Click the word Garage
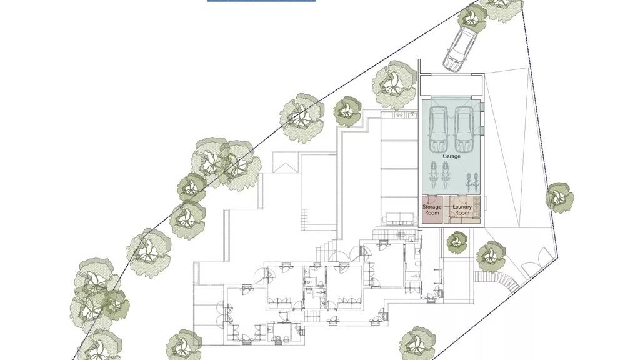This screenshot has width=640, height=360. pyautogui.click(x=451, y=156)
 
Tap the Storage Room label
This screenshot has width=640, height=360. pyautogui.click(x=432, y=210)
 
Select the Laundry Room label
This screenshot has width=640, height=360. pyautogui.click(x=462, y=210)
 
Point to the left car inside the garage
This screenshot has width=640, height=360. pyautogui.click(x=438, y=129)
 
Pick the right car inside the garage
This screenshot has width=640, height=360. pyautogui.click(x=464, y=129)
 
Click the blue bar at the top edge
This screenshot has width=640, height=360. pyautogui.click(x=262, y=1)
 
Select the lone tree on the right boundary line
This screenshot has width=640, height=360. pyautogui.click(x=560, y=197)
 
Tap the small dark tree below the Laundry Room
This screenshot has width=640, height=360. pyautogui.click(x=457, y=243)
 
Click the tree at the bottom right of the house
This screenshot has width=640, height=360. pyautogui.click(x=417, y=343)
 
